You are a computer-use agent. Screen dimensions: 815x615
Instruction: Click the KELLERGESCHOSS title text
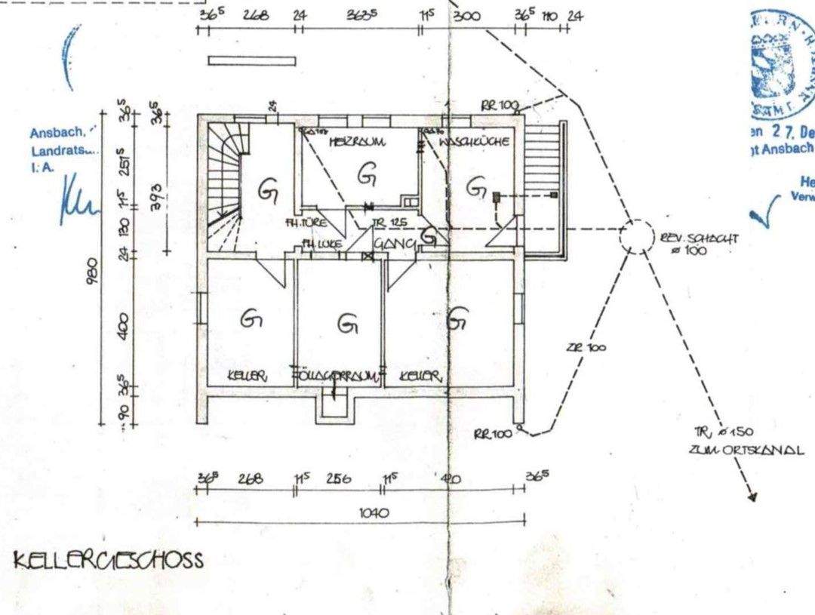108,561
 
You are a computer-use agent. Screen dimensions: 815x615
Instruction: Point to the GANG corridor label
394,244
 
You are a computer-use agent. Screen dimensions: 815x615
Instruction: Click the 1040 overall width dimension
374,512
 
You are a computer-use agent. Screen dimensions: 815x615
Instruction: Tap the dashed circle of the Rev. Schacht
636,236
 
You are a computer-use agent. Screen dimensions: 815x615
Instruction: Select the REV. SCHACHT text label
699,243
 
